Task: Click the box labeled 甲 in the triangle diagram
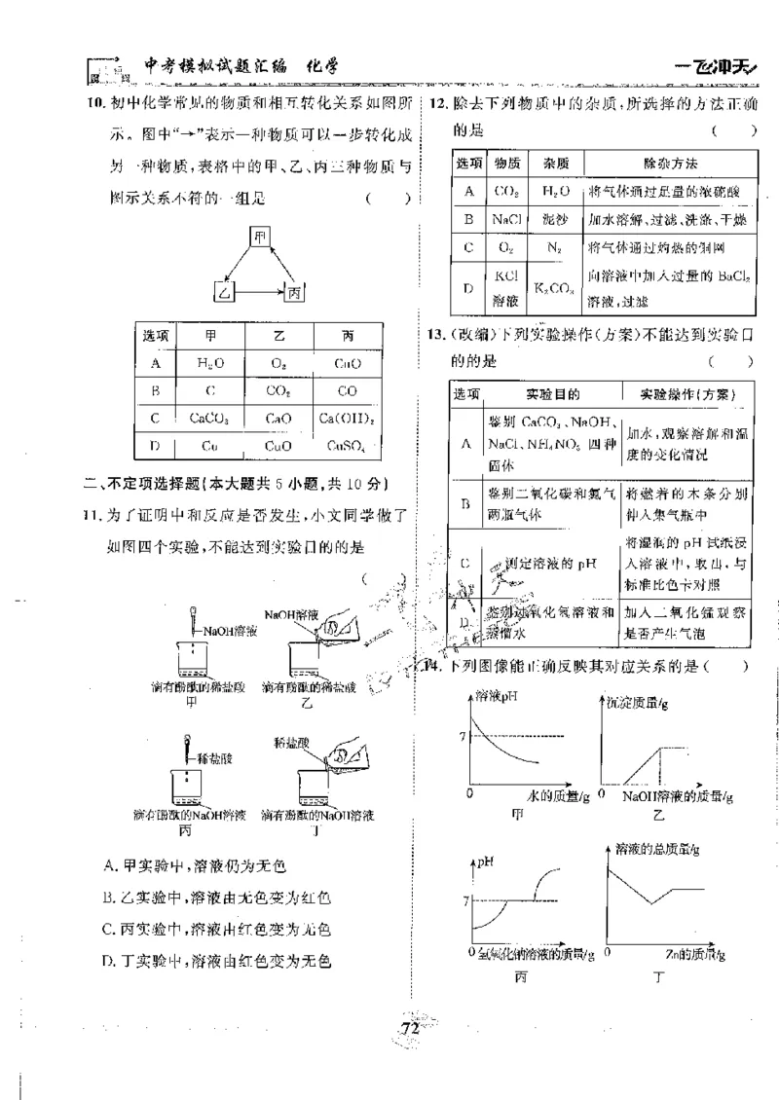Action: click(258, 237)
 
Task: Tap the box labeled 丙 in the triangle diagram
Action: click(293, 291)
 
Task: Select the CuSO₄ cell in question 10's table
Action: click(347, 447)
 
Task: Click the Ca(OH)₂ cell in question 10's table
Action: click(347, 419)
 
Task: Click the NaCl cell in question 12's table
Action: click(506, 219)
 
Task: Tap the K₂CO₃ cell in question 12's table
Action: click(554, 289)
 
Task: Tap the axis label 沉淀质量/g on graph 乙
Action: click(637, 701)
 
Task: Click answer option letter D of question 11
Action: click(109, 961)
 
